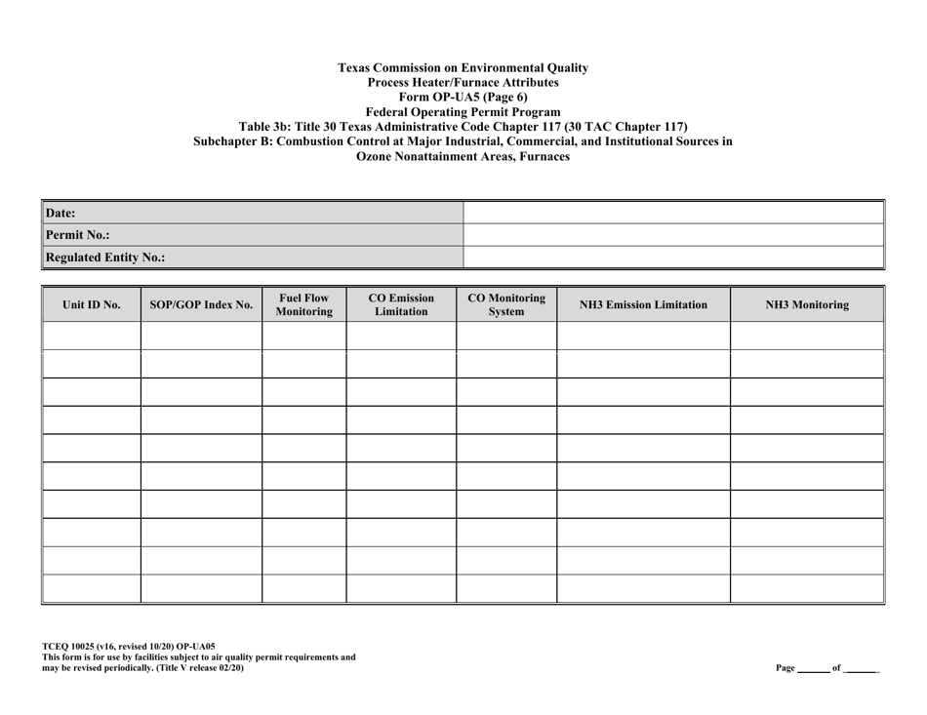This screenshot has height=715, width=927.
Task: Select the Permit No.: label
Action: pos(78,235)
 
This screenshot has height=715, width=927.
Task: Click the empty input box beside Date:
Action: pos(671,212)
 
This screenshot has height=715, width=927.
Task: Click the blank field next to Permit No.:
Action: pos(671,235)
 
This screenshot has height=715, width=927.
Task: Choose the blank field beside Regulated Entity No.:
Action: pos(671,258)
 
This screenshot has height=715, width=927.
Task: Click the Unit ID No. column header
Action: pos(92,304)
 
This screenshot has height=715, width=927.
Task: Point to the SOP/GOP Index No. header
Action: pos(201,304)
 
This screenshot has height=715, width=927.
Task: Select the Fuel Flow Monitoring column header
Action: pos(303,304)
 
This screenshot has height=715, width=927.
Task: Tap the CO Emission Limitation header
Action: pos(401,304)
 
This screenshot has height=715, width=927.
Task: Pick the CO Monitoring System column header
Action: pos(506,304)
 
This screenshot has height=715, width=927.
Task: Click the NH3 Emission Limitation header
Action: pos(643,304)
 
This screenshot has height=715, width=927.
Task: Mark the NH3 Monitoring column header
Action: pos(806,304)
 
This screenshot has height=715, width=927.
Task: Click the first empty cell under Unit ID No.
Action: pos(92,336)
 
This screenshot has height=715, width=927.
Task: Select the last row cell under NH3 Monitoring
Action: pos(806,589)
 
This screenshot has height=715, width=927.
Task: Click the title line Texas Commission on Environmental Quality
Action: pos(463,68)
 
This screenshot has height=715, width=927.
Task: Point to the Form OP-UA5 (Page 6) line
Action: pos(463,98)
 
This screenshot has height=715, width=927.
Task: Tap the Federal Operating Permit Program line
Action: pos(463,112)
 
